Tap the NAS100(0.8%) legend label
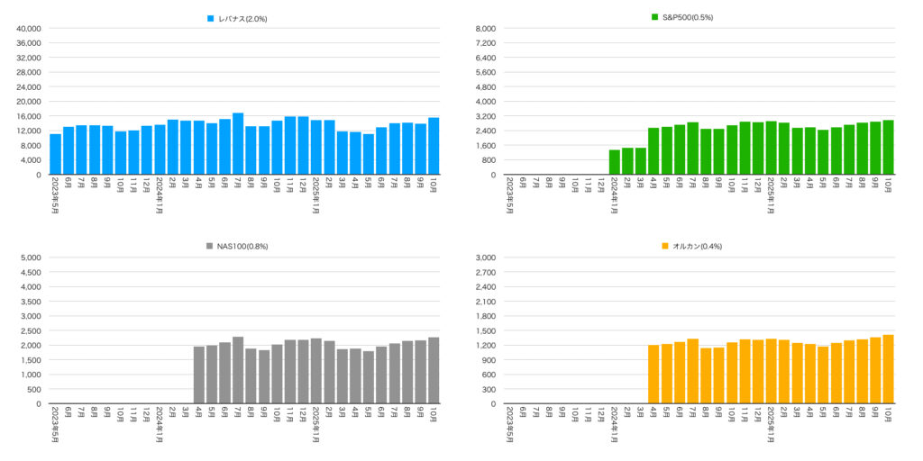(242, 246)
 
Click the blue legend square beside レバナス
(211, 18)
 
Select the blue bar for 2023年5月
(56, 154)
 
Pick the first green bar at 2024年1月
(614, 162)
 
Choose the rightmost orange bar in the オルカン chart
(888, 369)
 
